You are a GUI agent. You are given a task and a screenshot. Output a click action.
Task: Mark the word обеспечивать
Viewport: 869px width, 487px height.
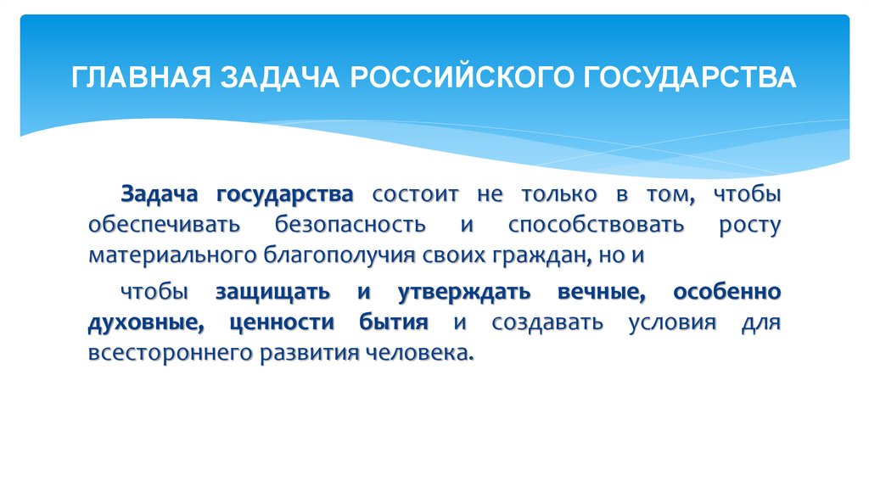tap(165, 225)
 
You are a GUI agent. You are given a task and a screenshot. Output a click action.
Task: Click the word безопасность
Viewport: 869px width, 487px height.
tap(349, 225)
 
